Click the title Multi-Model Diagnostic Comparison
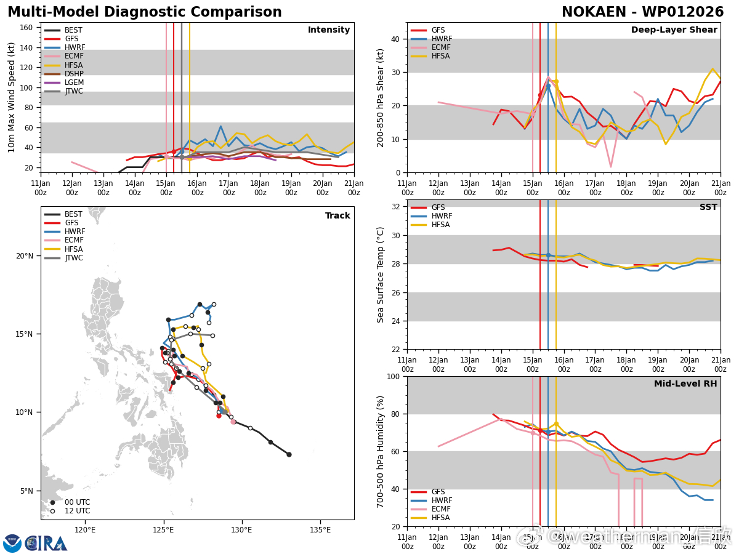pos(144,12)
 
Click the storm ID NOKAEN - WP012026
pos(642,12)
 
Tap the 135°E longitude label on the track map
pos(320,529)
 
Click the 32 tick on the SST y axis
pos(397,207)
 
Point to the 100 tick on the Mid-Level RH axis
pos(394,377)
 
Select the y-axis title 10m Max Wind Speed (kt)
pos(12,97)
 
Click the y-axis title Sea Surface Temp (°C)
pos(381,274)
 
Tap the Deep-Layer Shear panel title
pos(674,30)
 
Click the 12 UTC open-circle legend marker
pos(52,511)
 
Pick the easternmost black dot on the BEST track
pos(289,454)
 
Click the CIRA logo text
pos(46,544)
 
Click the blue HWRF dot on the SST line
pos(548,255)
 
